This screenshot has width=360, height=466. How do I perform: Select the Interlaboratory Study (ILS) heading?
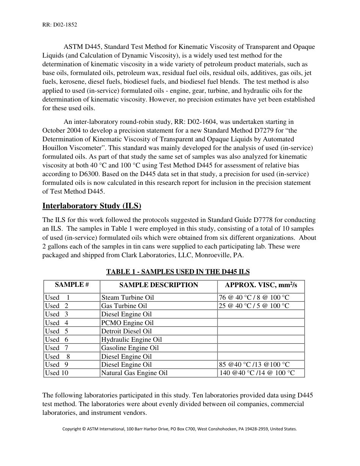[92, 206]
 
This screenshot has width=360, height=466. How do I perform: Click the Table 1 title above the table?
[178, 272]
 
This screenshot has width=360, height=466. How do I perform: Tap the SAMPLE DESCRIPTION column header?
[158, 285]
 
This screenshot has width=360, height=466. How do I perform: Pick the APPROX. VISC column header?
[261, 285]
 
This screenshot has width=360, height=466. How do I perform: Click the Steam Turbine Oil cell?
[128, 298]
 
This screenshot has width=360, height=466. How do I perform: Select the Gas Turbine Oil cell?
[124, 306]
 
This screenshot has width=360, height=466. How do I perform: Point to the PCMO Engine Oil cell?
[127, 323]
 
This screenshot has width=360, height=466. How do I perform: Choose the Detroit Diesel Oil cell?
[126, 331]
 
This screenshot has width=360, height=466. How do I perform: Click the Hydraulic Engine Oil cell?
[131, 339]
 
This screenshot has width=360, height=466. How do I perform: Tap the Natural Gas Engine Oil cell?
[134, 373]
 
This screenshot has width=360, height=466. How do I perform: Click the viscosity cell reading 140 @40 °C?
[257, 373]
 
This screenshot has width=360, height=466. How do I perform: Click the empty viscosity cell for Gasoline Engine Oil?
[261, 348]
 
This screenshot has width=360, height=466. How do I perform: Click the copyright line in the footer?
[180, 429]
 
